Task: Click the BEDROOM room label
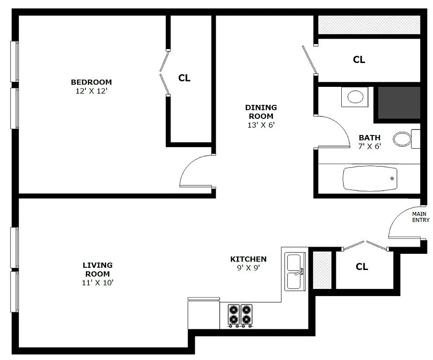coord(91,82)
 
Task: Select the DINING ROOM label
coord(261,112)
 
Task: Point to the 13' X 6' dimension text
coord(261,125)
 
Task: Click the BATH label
coord(370,138)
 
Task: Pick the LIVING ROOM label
coord(98,269)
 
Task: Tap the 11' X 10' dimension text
coord(98,283)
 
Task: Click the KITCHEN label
coord(248,259)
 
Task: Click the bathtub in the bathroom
coord(370,179)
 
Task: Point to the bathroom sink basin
coord(356,97)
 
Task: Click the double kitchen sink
coord(295,271)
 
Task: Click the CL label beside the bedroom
coord(184,78)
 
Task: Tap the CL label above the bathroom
coord(359,59)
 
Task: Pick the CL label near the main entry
coord(362,267)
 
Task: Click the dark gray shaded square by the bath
coord(398,103)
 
